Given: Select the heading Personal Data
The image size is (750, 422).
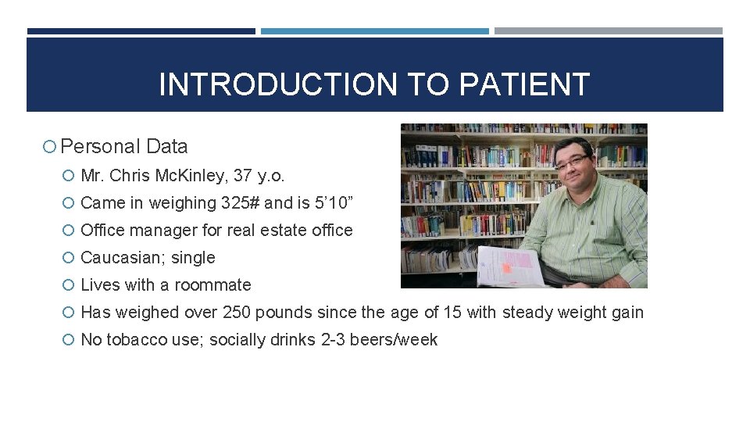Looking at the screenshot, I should click(124, 146).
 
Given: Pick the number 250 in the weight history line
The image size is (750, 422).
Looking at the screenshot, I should click(236, 312).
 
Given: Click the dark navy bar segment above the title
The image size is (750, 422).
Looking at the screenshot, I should click(141, 31).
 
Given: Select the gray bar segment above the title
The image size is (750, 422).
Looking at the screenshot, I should click(608, 31).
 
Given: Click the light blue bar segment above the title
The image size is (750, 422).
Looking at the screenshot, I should click(374, 31).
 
